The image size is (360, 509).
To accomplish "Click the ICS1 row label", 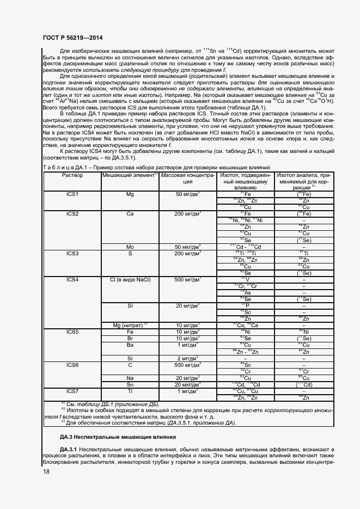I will [72, 194].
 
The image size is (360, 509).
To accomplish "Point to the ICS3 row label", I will [72, 253].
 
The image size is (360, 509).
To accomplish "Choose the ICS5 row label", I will [72, 332].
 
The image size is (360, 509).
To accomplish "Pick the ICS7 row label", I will [72, 391].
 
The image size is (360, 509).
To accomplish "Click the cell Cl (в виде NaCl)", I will [130, 280].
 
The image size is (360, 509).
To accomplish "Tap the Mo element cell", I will [130, 247].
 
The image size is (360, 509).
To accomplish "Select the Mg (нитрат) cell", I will [130, 326].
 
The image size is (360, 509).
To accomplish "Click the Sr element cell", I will [130, 358].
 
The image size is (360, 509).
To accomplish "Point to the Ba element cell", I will [130, 345].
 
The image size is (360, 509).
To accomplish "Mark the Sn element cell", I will [130, 384].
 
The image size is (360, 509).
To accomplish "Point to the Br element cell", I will [130, 338].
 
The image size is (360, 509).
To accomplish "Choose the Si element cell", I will [130, 306].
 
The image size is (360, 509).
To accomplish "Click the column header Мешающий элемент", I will [130, 175].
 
